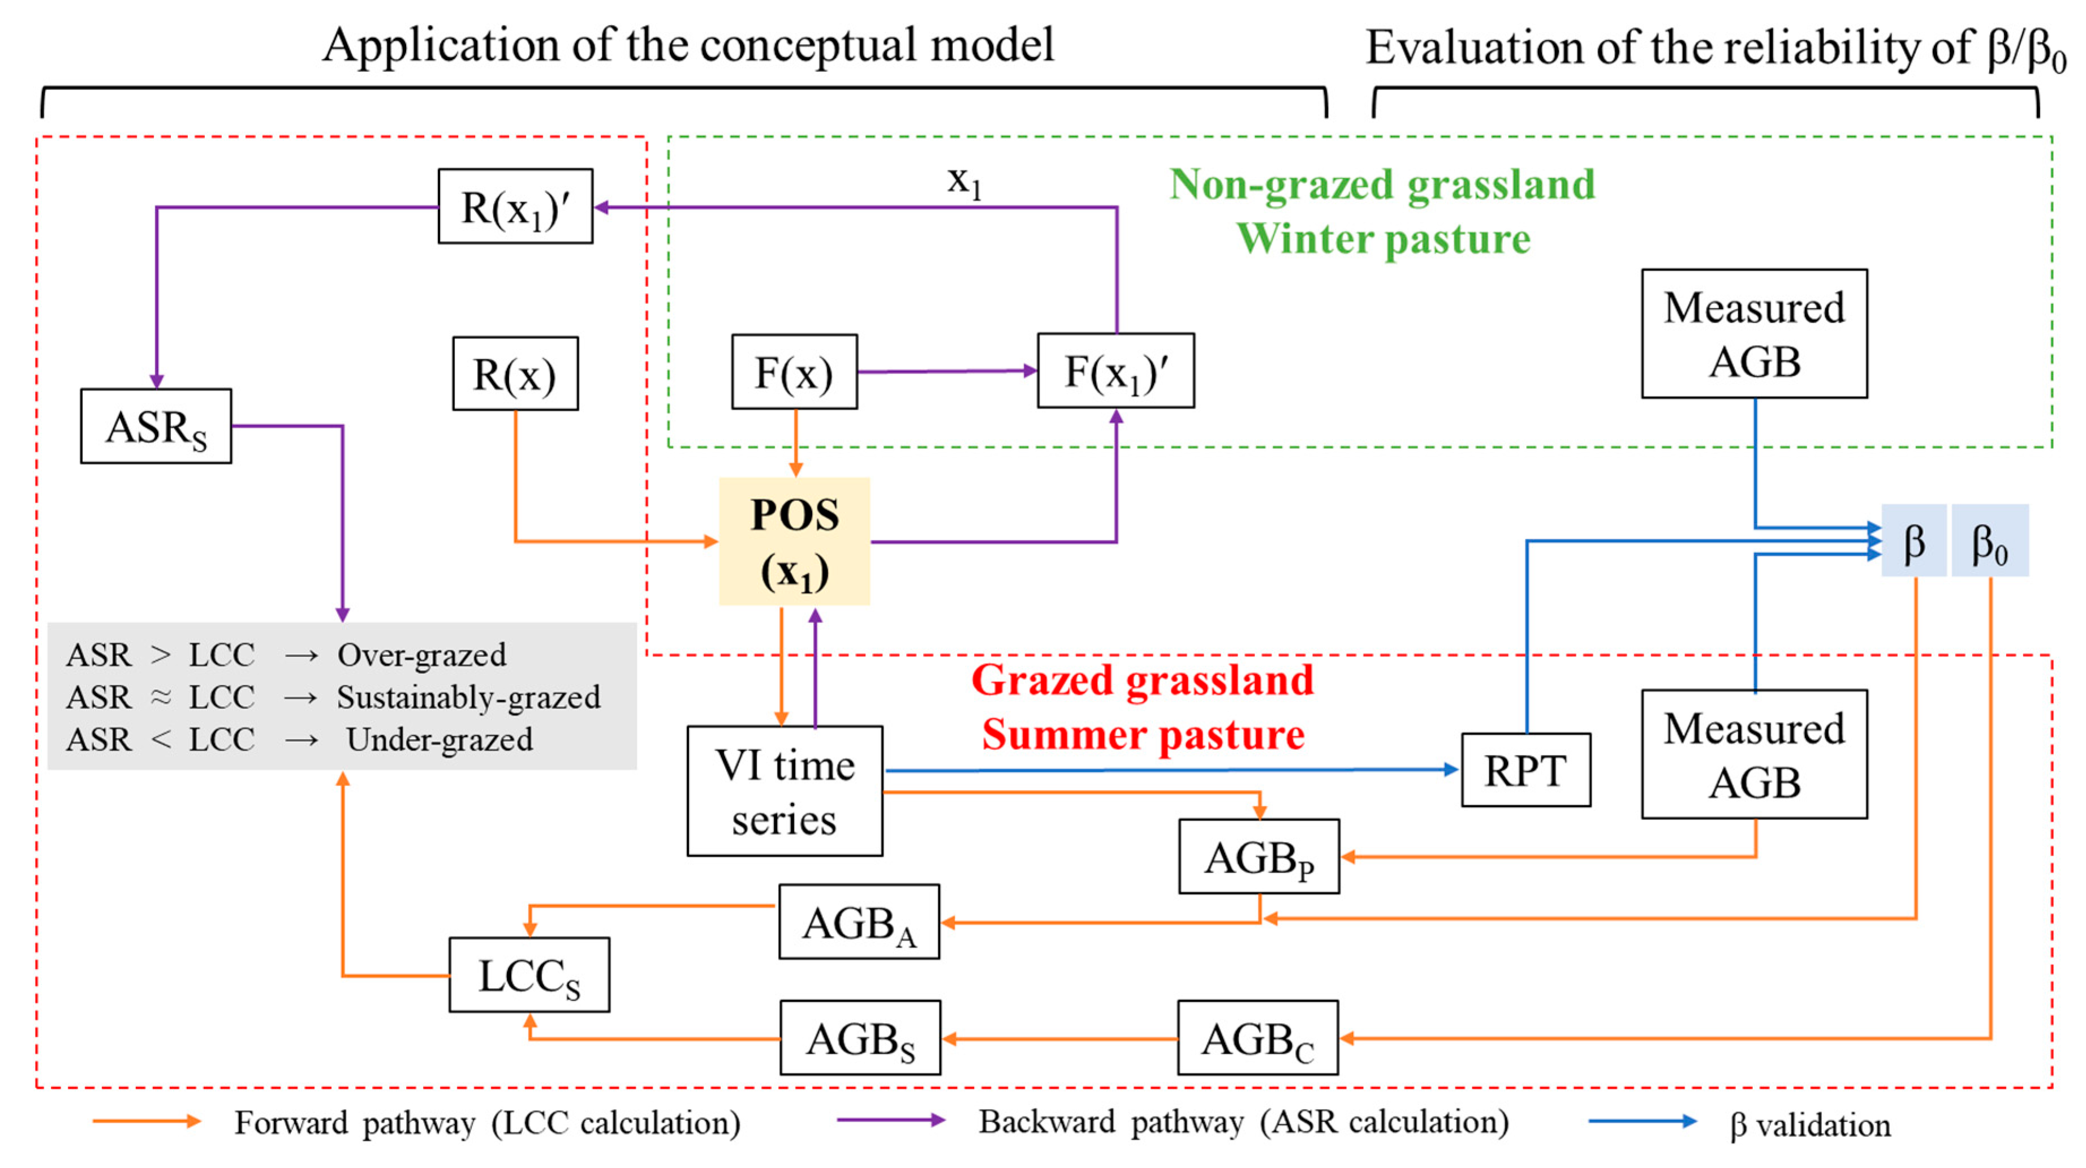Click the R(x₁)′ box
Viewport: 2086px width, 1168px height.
tap(515, 207)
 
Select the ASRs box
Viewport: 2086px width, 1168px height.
tap(156, 426)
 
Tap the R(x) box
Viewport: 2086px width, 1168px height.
tap(515, 374)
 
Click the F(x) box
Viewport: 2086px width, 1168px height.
tap(794, 372)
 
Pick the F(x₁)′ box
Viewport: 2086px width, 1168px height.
tap(1115, 371)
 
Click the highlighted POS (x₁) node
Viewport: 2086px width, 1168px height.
tap(794, 541)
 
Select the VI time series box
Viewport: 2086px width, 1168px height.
tap(784, 791)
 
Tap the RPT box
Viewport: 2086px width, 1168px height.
tap(1525, 770)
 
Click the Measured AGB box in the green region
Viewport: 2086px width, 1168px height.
tap(1753, 334)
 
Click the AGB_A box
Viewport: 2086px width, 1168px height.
tap(859, 922)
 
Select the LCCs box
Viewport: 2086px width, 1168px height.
tap(529, 975)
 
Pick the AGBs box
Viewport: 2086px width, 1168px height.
tap(859, 1038)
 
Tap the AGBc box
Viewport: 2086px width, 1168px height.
tap(1257, 1038)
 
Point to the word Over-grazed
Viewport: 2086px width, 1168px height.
tap(421, 655)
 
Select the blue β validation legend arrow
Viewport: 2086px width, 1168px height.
tap(1641, 1121)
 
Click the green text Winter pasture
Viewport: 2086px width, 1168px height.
tap(1382, 239)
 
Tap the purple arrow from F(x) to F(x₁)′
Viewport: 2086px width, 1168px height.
tap(946, 371)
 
